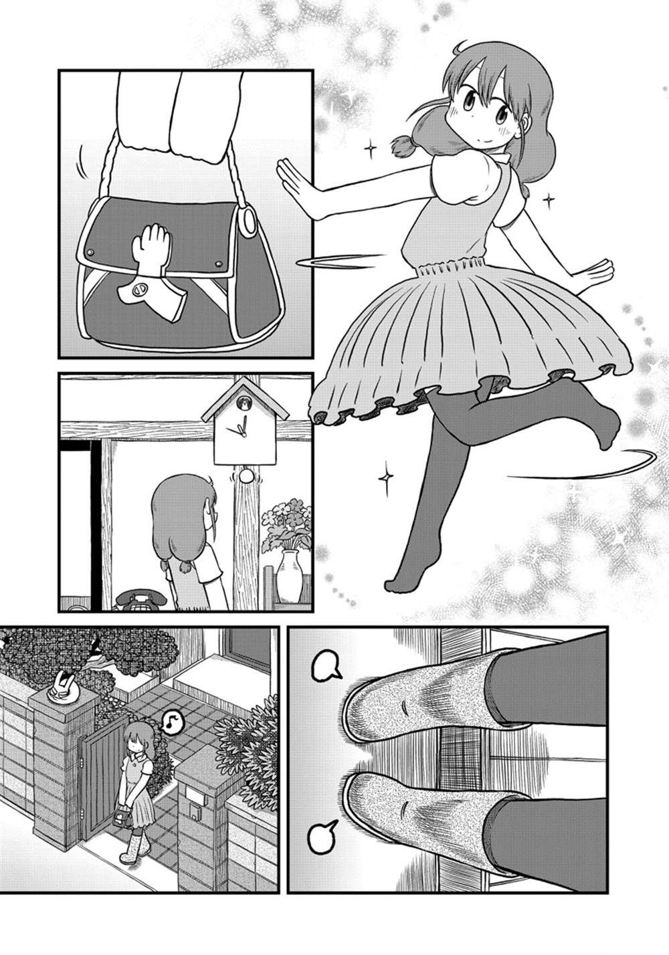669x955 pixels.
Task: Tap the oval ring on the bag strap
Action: click(248, 223)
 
